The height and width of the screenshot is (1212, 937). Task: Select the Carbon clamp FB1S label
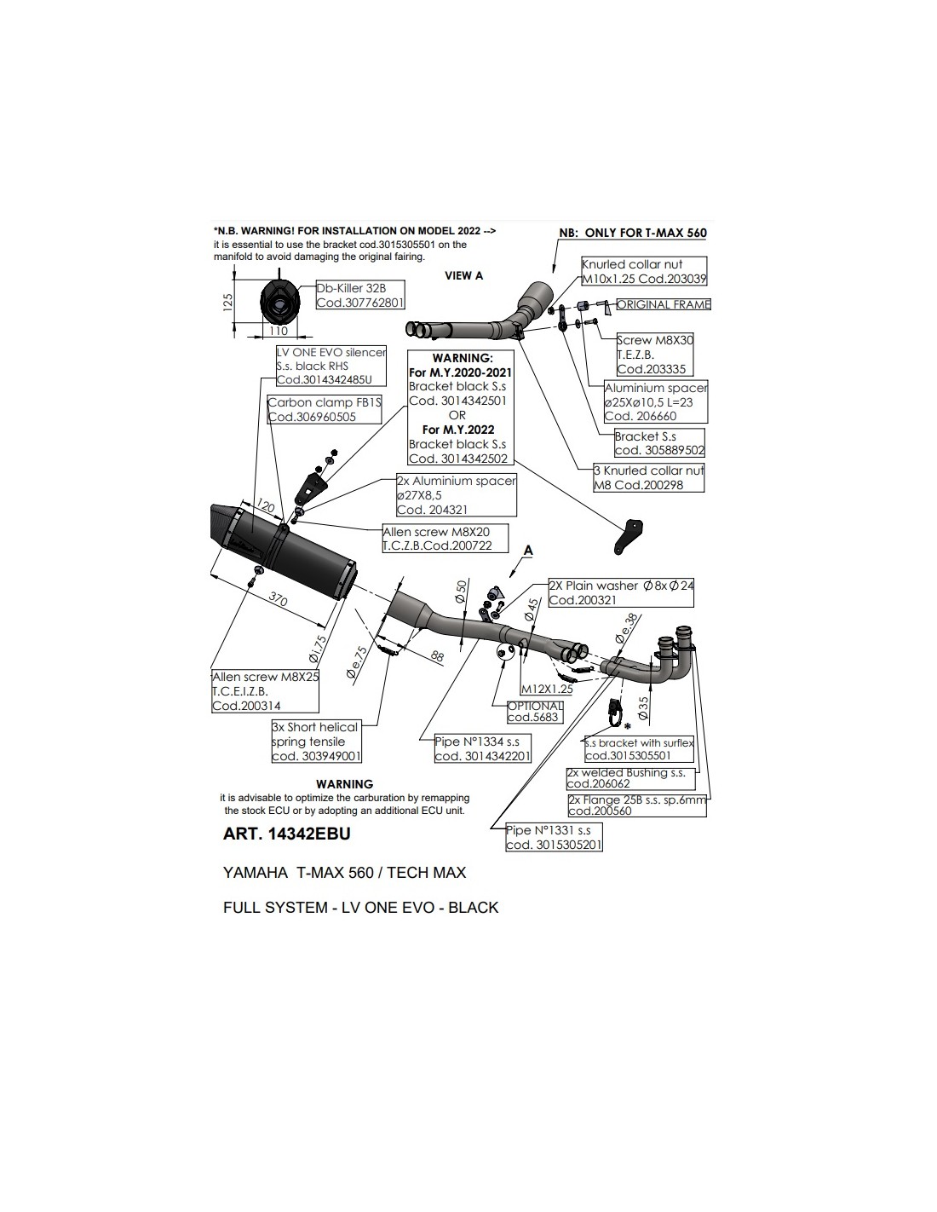click(x=325, y=410)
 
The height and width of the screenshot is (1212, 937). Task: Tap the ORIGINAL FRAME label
click(x=663, y=304)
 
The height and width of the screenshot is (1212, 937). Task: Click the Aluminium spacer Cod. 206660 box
click(x=655, y=401)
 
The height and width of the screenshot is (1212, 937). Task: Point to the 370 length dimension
click(x=278, y=599)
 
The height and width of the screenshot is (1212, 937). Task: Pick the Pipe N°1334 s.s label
click(x=482, y=748)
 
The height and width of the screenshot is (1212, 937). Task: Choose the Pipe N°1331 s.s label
click(x=554, y=837)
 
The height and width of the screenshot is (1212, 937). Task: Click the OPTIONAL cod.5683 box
click(x=535, y=711)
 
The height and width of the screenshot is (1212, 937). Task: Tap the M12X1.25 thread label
click(x=546, y=689)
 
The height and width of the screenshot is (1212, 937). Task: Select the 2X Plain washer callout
click(x=620, y=592)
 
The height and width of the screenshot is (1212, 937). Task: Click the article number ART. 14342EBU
click(x=286, y=834)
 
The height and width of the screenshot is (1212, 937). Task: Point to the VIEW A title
click(x=463, y=275)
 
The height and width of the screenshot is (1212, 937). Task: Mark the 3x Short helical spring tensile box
click(x=316, y=741)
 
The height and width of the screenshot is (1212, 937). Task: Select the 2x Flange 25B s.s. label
click(x=637, y=805)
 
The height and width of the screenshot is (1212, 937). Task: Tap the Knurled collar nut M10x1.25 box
click(x=644, y=271)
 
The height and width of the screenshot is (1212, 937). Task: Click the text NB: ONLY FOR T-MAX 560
click(x=632, y=233)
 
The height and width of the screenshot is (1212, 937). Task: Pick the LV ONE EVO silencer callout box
click(x=331, y=366)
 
